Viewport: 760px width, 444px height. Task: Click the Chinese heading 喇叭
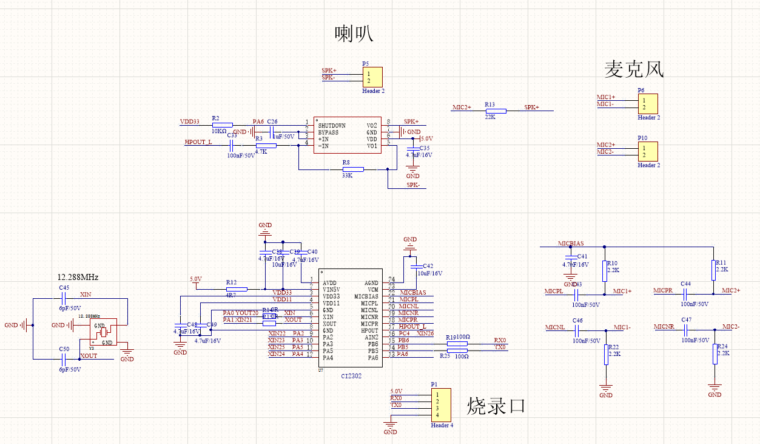click(354, 34)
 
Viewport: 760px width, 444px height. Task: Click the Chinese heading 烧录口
click(496, 406)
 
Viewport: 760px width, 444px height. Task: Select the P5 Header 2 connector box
click(372, 77)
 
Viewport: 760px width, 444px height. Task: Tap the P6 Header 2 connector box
click(648, 104)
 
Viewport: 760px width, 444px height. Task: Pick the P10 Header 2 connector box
click(648, 151)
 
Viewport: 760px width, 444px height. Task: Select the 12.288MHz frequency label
click(78, 277)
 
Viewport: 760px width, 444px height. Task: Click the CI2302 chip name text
click(351, 376)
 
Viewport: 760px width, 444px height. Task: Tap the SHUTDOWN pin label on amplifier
click(332, 126)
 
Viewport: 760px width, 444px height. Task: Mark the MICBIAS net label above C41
click(571, 244)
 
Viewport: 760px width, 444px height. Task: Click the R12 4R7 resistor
click(236, 289)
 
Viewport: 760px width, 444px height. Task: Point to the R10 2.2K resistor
click(604, 272)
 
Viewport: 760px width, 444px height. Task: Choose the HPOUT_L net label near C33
click(198, 142)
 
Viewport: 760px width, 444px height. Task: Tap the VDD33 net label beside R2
click(190, 121)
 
